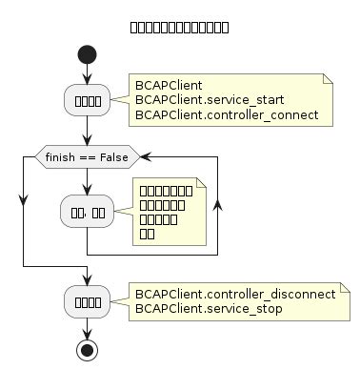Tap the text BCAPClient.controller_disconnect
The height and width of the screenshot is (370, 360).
[230, 294]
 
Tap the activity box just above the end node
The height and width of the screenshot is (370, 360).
[88, 301]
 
